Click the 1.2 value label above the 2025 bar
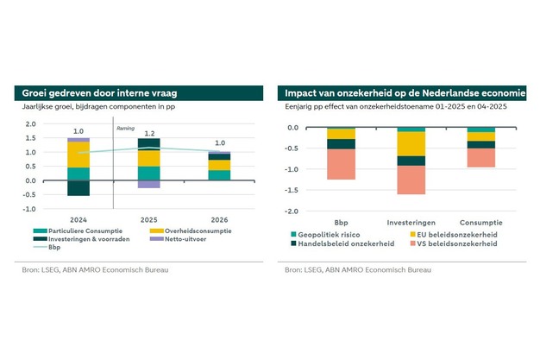(149, 134)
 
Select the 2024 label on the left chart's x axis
(78, 219)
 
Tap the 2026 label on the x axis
(219, 219)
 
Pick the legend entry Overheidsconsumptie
(185, 231)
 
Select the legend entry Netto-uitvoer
(175, 239)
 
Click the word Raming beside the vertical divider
(125, 128)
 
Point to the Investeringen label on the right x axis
(411, 220)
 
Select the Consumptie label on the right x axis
(481, 220)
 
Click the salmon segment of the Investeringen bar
(411, 180)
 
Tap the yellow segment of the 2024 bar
(78, 155)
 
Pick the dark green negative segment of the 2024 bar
(78, 188)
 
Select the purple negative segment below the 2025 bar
(149, 184)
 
